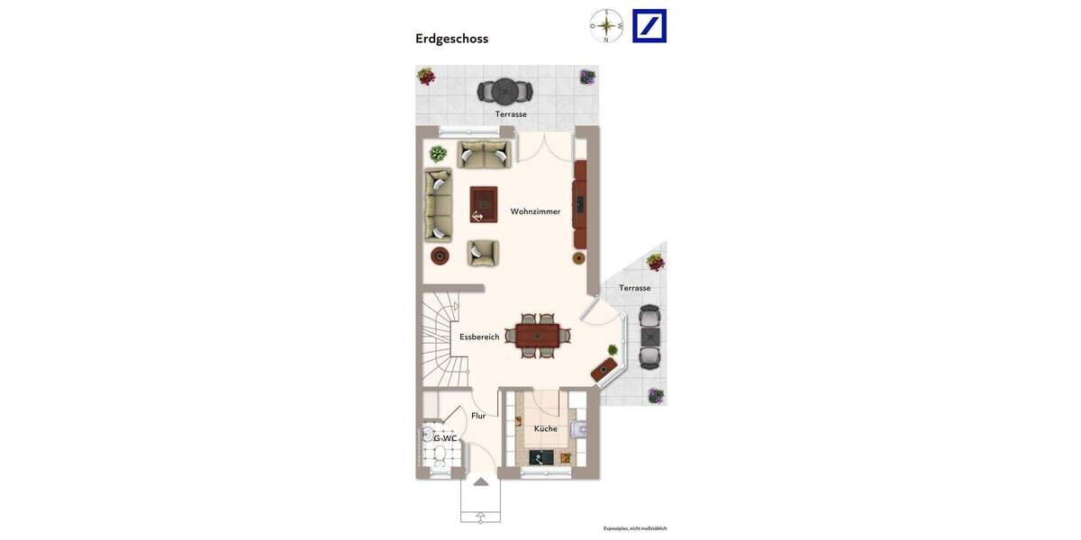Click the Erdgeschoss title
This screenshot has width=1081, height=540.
coord(451,39)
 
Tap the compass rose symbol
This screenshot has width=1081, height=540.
coord(606,26)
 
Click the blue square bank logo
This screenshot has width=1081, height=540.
coord(650,26)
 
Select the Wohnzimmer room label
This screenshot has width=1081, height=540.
coord(535,211)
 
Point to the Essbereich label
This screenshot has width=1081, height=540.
coord(479,337)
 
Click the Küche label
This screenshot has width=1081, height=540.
coord(545,428)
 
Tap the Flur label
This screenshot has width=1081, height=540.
coord(478,416)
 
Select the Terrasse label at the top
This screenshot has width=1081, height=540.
coord(511,114)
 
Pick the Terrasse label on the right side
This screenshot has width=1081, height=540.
coord(634,288)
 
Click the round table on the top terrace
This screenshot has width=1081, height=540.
coord(504,91)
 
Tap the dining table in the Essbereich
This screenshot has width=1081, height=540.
coord(538,336)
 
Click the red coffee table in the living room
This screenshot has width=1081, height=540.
coord(484,204)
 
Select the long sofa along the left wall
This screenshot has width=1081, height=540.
coord(438,204)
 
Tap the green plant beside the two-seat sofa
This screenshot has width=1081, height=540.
coord(438,154)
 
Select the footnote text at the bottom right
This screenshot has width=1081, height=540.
coord(634,528)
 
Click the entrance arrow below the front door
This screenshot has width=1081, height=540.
coord(481,482)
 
